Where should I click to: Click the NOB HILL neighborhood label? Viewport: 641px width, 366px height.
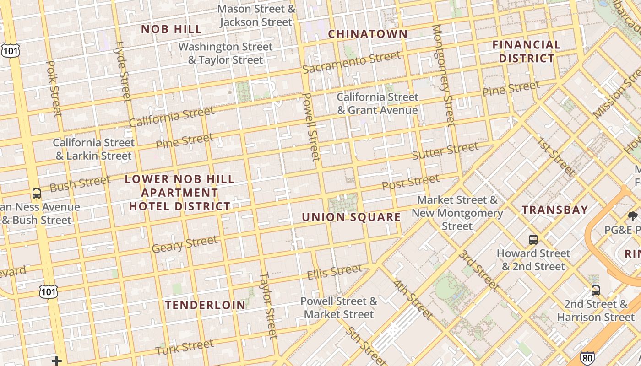(x=171, y=29)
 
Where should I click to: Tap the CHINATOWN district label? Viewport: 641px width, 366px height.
(x=368, y=34)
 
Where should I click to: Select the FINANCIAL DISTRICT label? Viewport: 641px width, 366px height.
(x=527, y=51)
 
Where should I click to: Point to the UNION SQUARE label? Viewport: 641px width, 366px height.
(x=351, y=217)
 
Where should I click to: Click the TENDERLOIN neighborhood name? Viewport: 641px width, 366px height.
(x=205, y=305)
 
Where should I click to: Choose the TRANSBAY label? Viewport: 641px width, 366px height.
(x=555, y=210)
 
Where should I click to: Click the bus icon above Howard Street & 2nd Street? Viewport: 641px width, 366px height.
(x=533, y=239)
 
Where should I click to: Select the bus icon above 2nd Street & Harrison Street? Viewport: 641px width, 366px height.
(x=595, y=290)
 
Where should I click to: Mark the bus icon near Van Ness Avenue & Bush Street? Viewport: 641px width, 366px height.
(x=37, y=193)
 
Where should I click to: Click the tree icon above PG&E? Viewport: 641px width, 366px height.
(x=632, y=216)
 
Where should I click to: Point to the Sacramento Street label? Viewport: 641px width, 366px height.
(x=351, y=62)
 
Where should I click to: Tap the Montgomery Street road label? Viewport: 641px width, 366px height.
(x=443, y=75)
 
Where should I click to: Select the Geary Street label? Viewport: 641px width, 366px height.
(x=185, y=244)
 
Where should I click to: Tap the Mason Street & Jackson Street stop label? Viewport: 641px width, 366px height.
(x=256, y=15)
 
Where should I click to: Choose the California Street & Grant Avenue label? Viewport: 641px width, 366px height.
(x=378, y=103)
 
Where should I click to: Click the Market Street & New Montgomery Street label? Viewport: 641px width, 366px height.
(x=457, y=213)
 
